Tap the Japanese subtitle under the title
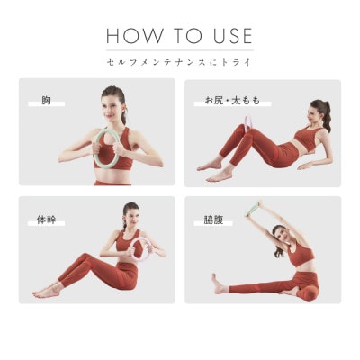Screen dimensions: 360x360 pos(179,62)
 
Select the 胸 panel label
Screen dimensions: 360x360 pos(46,101)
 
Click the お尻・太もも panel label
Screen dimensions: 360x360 pos(232,101)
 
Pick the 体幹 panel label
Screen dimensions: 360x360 pos(46,220)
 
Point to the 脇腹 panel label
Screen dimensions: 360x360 pos(213,220)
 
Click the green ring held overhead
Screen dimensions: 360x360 pos(253,208)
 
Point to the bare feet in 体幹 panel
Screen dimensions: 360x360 pos(47,292)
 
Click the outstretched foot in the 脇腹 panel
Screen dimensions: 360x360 pos(218,283)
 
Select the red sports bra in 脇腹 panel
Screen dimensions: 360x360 pos(300,255)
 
